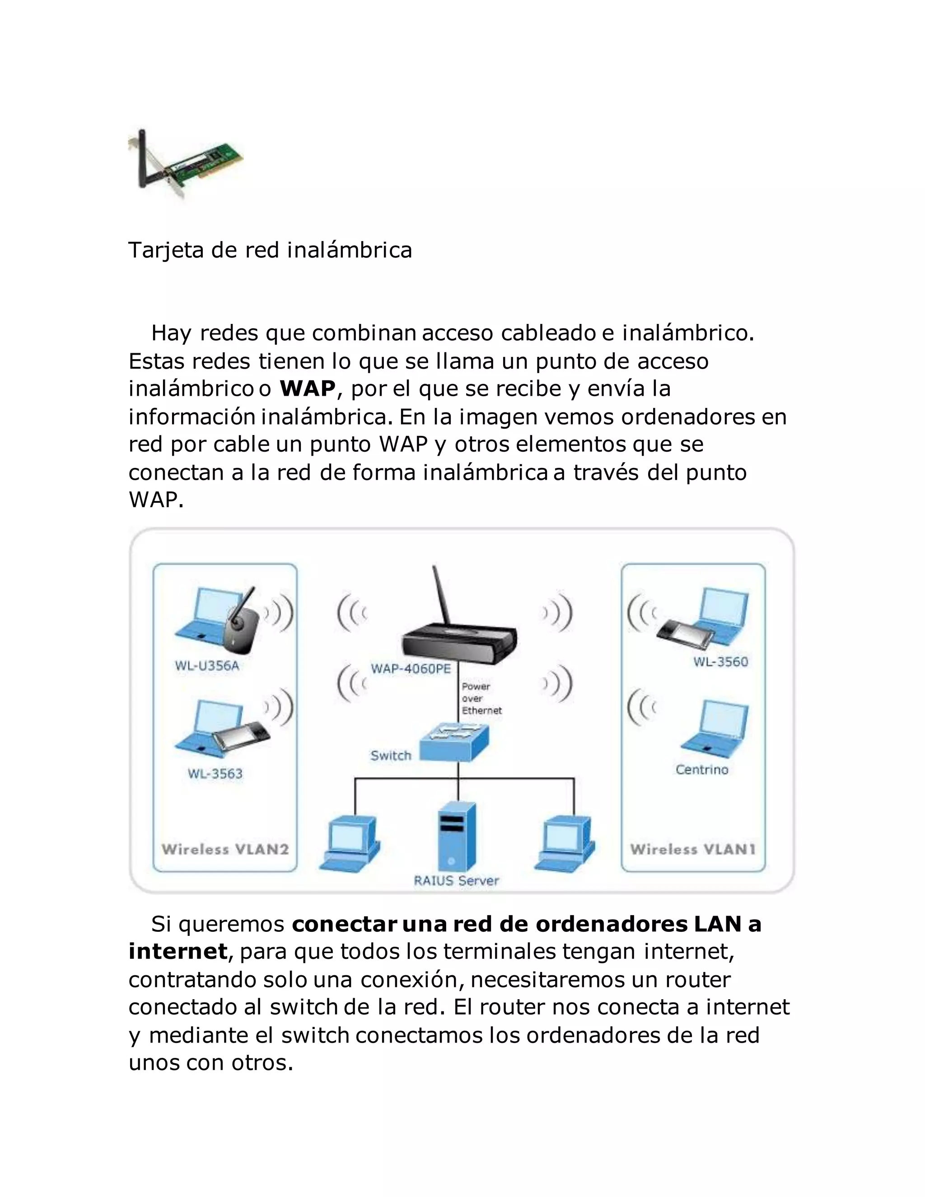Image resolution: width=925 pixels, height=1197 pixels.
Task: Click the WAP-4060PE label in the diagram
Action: pyautogui.click(x=411, y=669)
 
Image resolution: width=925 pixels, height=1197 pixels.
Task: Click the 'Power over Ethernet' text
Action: pyautogui.click(x=481, y=698)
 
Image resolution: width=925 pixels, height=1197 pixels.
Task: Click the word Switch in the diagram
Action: pyautogui.click(x=390, y=755)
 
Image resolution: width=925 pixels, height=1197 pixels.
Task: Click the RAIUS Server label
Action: pyautogui.click(x=456, y=881)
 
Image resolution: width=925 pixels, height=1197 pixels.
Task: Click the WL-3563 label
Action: pyautogui.click(x=215, y=773)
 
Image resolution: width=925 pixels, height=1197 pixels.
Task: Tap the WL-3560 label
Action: pyautogui.click(x=720, y=662)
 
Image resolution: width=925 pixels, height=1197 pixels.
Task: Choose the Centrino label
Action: pyautogui.click(x=701, y=770)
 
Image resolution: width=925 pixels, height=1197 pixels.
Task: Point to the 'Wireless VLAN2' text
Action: pyautogui.click(x=224, y=850)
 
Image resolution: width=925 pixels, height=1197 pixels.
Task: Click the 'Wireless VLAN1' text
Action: pyautogui.click(x=693, y=850)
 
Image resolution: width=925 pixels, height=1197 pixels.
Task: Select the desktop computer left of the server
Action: pyautogui.click(x=350, y=844)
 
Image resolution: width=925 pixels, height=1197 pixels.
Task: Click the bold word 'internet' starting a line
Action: pyautogui.click(x=178, y=951)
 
